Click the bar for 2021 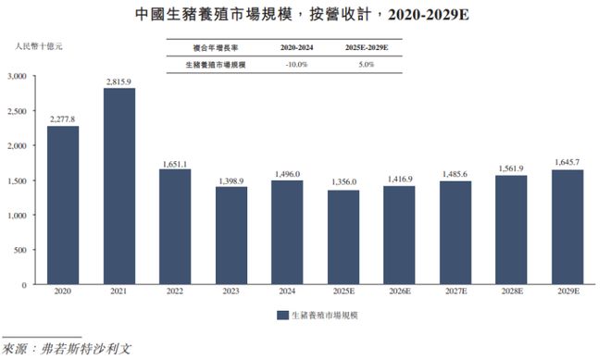pos(119,186)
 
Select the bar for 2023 pos(231,235)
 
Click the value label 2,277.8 pos(63,118)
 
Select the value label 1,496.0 pos(288,172)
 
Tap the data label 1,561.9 pos(511,168)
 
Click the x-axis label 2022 pos(175,295)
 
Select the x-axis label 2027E pos(455,295)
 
